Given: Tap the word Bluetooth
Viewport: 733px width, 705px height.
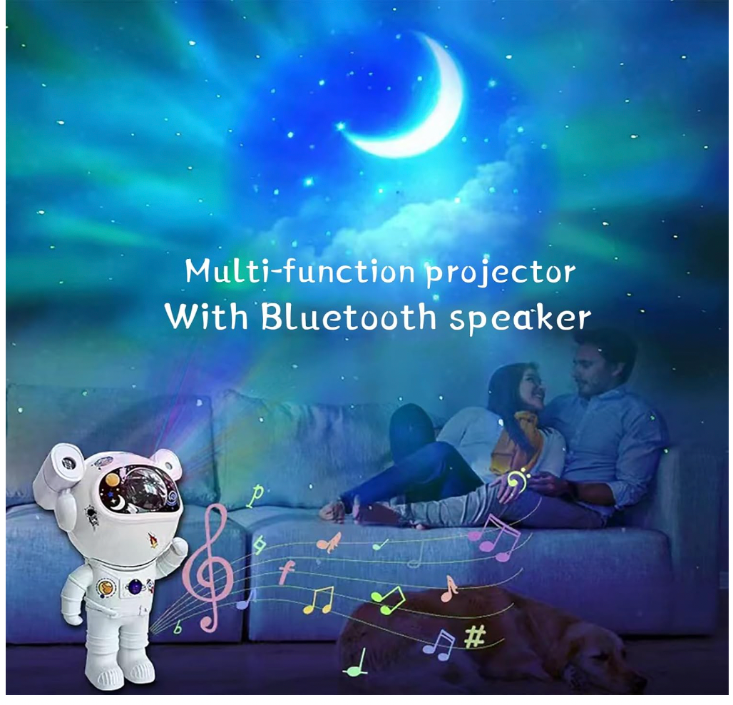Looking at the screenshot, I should tap(348, 316).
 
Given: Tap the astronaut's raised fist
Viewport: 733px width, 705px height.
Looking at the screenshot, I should tap(178, 549).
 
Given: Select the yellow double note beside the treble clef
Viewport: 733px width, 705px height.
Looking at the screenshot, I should tap(319, 599).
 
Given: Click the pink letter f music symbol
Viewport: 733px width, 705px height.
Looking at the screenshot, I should tap(287, 572).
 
